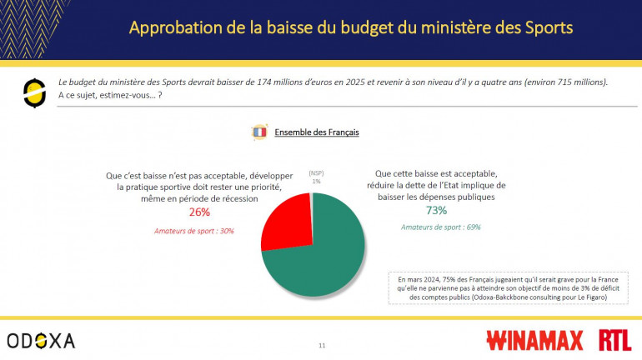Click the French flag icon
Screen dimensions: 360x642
pos(258,132)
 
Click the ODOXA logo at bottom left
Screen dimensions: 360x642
pos(41,340)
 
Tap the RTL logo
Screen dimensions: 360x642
pos(614,340)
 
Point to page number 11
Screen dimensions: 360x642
pos(322,344)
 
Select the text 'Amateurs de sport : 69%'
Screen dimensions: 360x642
pos(440,227)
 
